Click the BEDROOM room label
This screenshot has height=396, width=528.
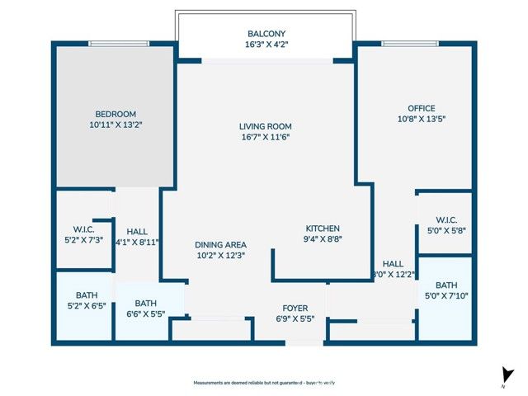[x=115, y=114]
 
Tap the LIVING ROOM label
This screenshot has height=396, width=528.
[x=265, y=126]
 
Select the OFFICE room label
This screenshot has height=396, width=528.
[x=421, y=108]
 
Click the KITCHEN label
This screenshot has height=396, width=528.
[x=323, y=229]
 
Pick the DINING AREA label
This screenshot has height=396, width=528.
[x=220, y=245]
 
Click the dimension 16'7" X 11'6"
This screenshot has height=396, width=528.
[x=265, y=137]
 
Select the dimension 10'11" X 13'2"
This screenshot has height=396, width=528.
[x=115, y=125]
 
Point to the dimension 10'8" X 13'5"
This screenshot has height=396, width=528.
[x=421, y=119]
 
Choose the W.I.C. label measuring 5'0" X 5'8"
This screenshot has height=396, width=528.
[x=445, y=219]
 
